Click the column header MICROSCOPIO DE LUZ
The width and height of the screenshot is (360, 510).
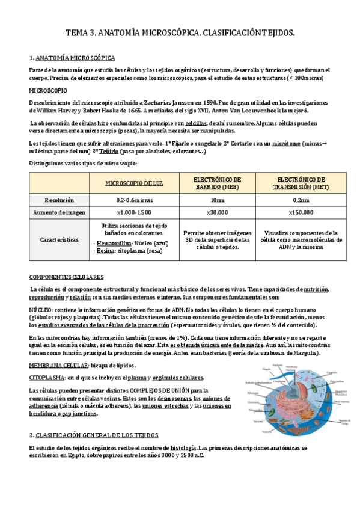pyautogui.click(x=134, y=183)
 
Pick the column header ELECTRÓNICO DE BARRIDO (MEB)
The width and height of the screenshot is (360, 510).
pyautogui.click(x=218, y=183)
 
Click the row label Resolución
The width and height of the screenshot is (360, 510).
pyautogui.click(x=59, y=199)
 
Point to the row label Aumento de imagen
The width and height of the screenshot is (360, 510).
pyautogui.click(x=59, y=212)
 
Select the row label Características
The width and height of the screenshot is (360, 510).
pyautogui.click(x=59, y=239)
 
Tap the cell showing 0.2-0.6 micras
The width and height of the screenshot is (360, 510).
pyautogui.click(x=134, y=199)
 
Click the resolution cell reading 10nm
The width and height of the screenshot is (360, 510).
pyautogui.click(x=218, y=199)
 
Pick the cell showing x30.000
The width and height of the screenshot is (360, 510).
pyautogui.click(x=218, y=212)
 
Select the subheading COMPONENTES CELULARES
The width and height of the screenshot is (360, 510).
pyautogui.click(x=67, y=277)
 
